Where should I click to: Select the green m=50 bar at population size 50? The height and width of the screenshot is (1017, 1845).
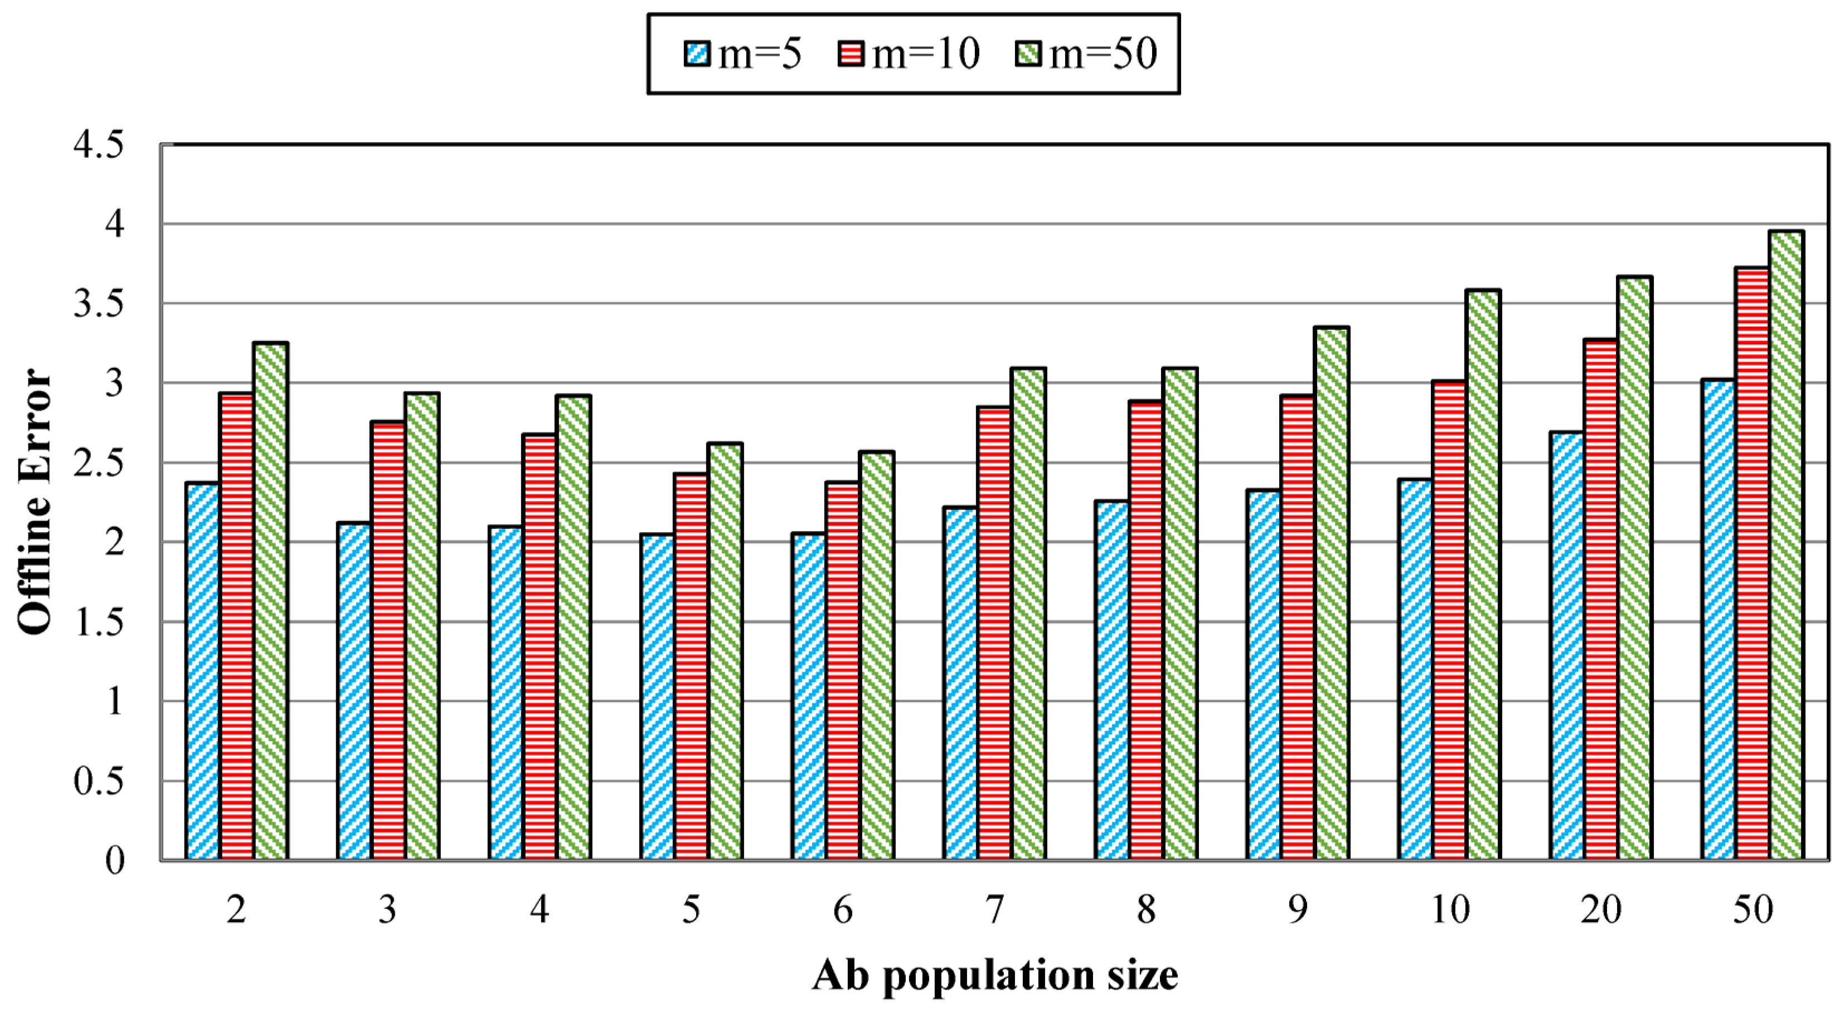pos(1785,544)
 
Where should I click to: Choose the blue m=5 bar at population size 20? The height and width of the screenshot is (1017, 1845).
pos(1566,645)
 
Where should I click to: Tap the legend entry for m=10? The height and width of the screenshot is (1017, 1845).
pos(908,53)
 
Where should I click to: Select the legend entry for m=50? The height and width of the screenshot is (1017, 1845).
pos(1086,53)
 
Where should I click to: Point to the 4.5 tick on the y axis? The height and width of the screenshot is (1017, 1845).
pos(98,145)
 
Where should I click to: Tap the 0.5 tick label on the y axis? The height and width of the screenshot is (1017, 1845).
pos(98,781)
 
